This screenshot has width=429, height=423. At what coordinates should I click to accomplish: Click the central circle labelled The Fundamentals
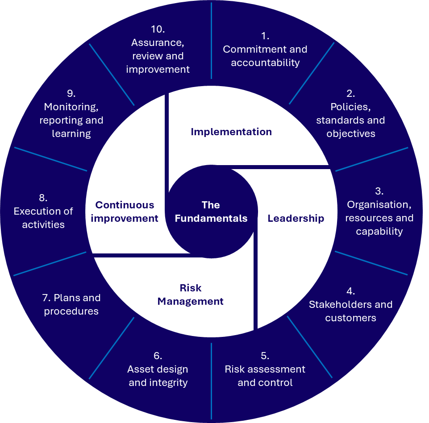coord(211,211)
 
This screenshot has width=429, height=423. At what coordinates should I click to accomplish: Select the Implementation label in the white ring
coord(231,132)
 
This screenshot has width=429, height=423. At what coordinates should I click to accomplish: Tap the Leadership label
coord(296,218)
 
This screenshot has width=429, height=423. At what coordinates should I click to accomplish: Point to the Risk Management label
coord(191,294)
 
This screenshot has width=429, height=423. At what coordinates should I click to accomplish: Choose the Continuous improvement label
coord(127,211)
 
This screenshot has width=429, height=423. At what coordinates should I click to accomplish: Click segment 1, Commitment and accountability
coord(265,50)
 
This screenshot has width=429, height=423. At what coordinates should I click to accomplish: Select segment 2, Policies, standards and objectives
coord(350,114)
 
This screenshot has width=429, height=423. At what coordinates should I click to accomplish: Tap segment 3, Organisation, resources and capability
coord(379,211)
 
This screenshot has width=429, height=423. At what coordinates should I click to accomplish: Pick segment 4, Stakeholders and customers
coord(350,305)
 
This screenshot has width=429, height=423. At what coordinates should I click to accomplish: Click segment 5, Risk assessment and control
coord(265,369)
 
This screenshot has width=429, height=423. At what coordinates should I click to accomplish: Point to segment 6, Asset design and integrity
coord(158,369)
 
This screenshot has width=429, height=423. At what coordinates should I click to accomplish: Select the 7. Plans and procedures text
coord(71,304)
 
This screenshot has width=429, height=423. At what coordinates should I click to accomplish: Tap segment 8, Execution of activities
coord(43,211)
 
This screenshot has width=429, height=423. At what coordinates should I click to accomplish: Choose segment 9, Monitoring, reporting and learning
coord(71,114)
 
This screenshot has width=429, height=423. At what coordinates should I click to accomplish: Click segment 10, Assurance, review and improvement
coord(158,50)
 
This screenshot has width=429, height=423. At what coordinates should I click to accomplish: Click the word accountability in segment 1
coord(265,62)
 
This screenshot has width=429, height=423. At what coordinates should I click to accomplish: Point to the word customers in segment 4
coord(350,318)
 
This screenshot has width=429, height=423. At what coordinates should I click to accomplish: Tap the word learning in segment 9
coord(71,133)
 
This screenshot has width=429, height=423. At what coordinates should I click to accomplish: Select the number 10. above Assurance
coord(158,29)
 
